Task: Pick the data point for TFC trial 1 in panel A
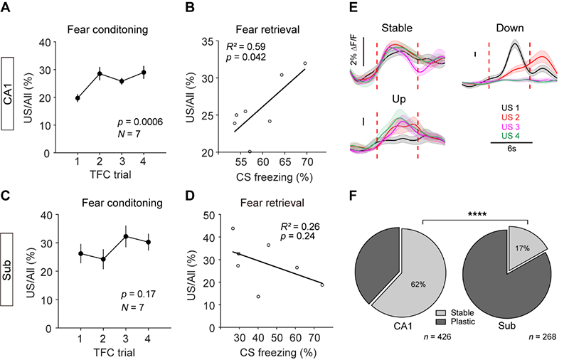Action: pos(78,98)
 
